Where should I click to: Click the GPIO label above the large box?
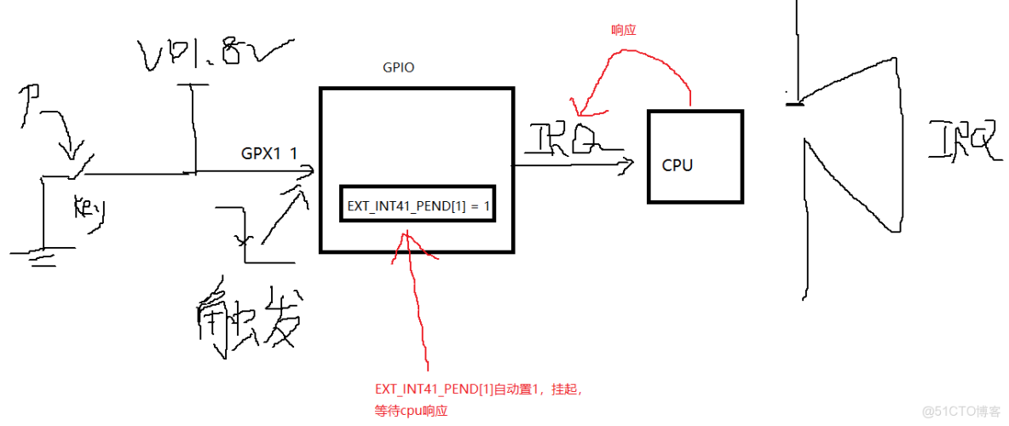click(x=398, y=67)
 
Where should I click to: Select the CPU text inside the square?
click(x=677, y=165)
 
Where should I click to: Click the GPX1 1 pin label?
click(x=269, y=153)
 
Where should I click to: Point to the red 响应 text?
click(x=624, y=29)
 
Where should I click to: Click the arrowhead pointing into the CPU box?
click(x=628, y=164)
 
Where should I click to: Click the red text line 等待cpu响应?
click(x=411, y=410)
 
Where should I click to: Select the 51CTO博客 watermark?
click(x=965, y=412)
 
